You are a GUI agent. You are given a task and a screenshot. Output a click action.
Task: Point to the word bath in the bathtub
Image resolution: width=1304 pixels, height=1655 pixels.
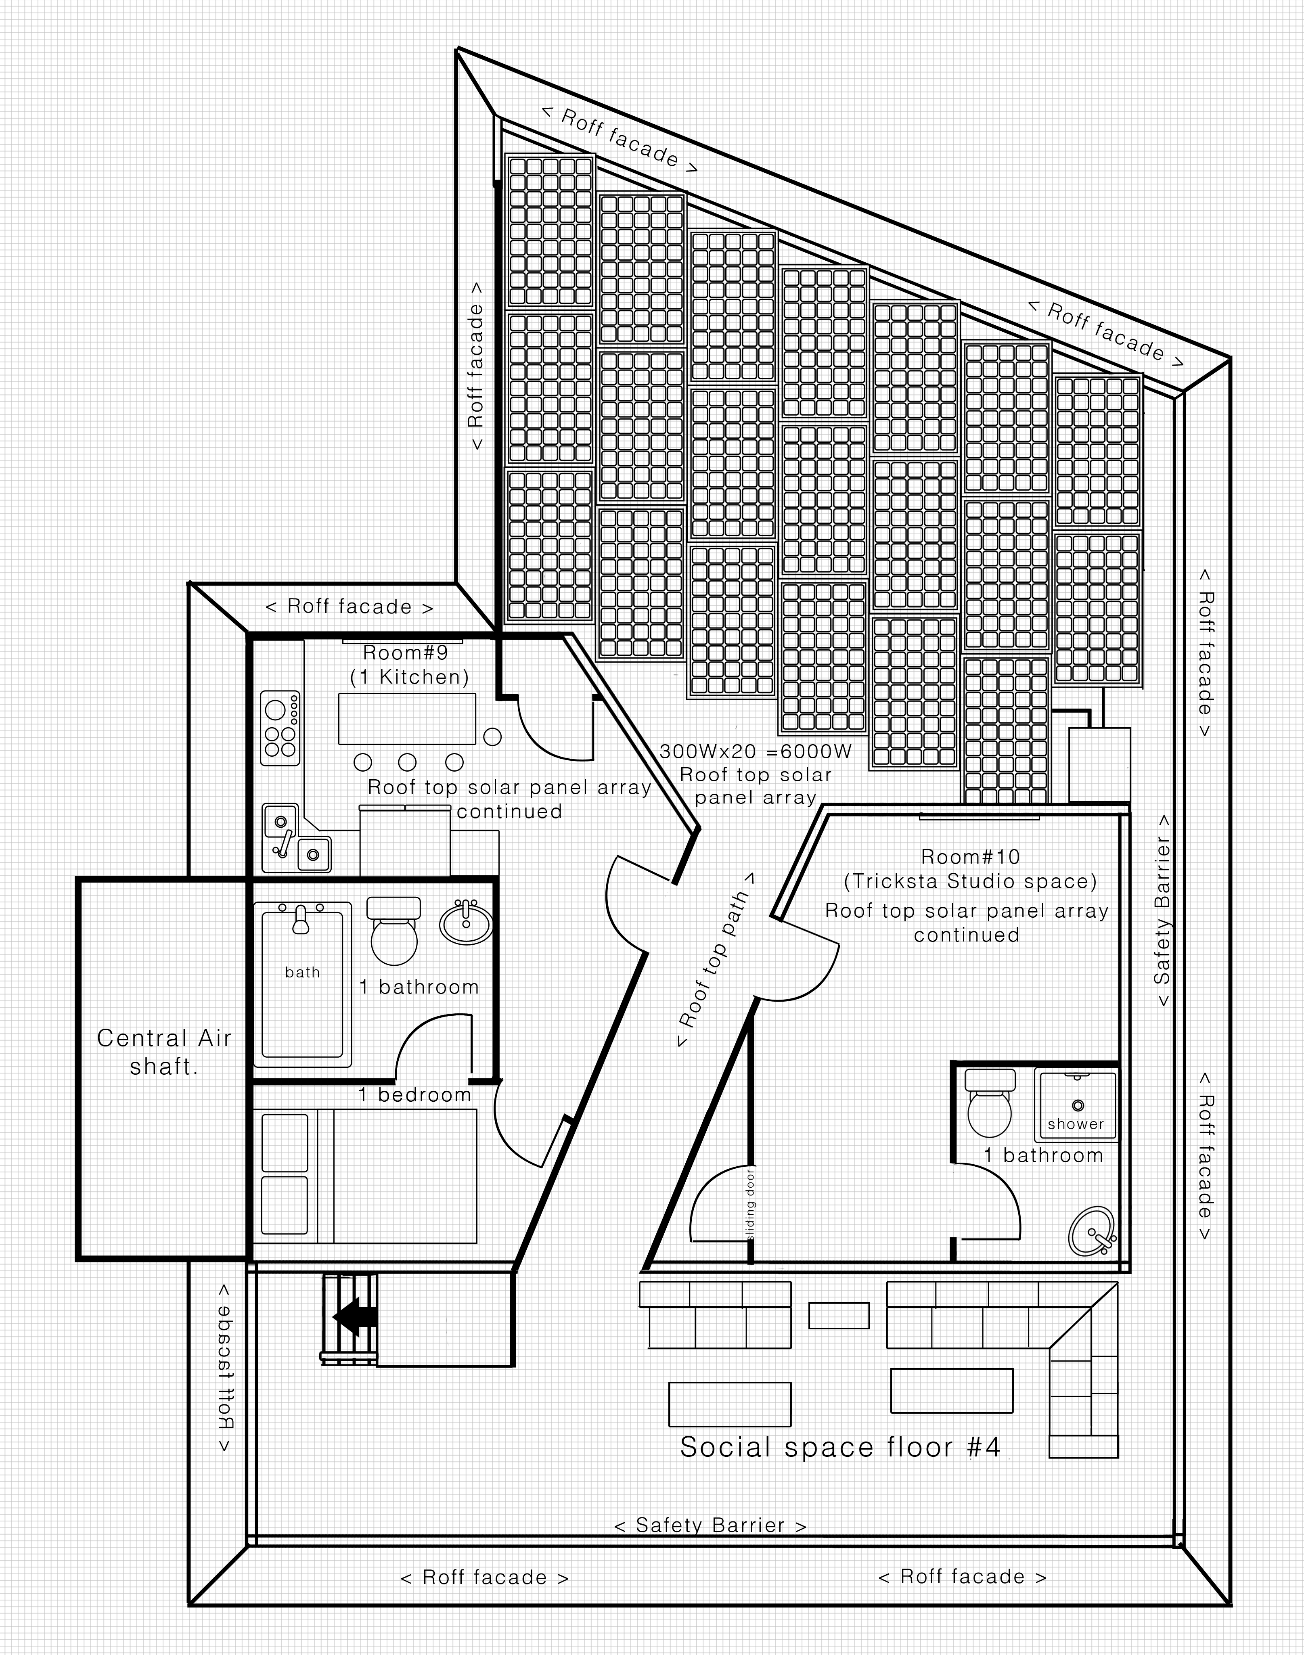click(x=302, y=972)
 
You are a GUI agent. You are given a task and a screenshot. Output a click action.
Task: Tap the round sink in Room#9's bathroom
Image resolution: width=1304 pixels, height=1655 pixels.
click(x=466, y=921)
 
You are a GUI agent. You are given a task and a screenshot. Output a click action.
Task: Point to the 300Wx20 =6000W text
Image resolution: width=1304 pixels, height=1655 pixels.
click(x=755, y=751)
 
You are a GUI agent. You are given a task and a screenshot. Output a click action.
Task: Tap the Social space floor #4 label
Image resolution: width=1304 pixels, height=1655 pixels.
click(x=840, y=1447)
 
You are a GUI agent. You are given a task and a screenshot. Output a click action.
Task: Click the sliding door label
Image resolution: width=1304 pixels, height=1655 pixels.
click(x=751, y=1204)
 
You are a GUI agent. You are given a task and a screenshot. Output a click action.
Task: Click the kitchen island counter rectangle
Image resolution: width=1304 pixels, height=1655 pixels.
click(x=407, y=718)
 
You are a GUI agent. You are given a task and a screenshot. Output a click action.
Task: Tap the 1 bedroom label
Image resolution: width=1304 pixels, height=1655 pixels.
click(x=414, y=1095)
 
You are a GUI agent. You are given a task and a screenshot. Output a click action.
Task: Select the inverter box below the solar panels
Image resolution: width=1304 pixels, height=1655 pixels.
click(x=1099, y=764)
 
